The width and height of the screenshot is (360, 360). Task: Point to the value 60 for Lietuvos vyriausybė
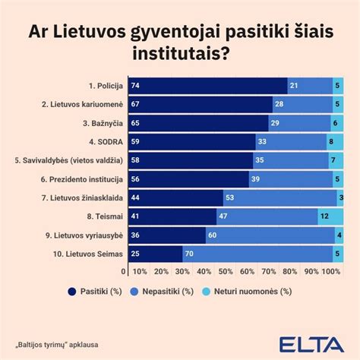[x=212, y=235]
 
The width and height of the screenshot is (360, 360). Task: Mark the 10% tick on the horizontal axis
[x=141, y=271]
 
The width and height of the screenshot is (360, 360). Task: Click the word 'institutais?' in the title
[x=179, y=53]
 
